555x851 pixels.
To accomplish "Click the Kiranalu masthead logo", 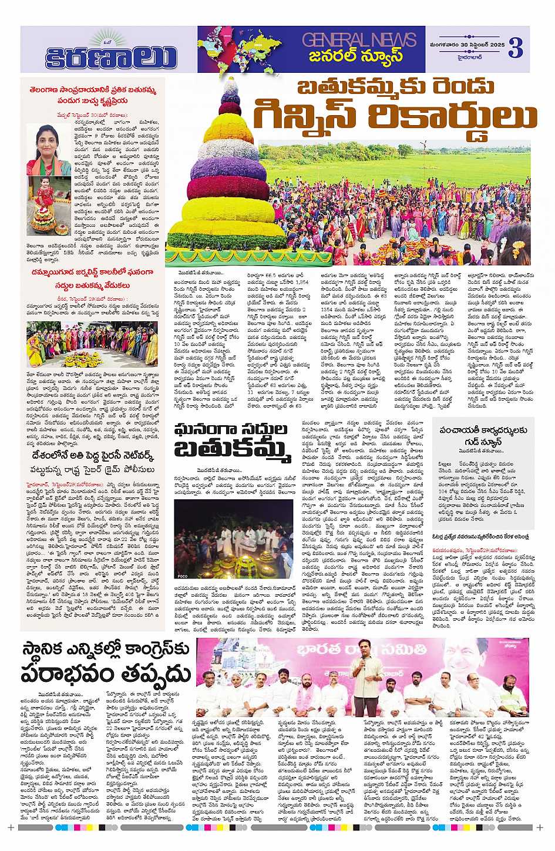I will point(111,56).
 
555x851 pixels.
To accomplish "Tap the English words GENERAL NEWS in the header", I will point(359,40).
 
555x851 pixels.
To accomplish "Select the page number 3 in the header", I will point(515,48).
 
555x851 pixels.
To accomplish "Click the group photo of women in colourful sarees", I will point(92,344).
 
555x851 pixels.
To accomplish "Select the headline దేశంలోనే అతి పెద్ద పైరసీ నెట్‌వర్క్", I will point(93,455).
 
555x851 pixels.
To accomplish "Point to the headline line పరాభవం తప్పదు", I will point(106,674).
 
